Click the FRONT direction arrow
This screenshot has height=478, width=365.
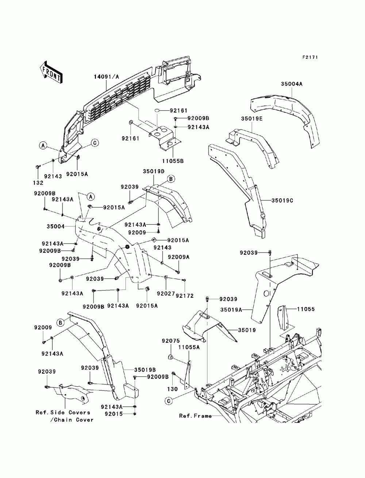(51, 72)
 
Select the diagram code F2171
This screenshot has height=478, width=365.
(310, 57)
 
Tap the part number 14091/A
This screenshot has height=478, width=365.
(107, 77)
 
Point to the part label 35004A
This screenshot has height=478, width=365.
(291, 84)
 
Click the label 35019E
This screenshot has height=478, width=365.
(252, 119)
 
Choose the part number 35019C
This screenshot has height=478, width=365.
(282, 200)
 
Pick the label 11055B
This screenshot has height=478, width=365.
(173, 161)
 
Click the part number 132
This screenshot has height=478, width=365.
(38, 183)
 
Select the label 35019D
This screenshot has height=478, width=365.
(154, 171)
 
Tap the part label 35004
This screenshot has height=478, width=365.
(55, 226)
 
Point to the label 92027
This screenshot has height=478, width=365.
(166, 294)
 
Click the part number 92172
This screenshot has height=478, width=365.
(185, 296)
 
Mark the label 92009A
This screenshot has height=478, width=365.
(179, 257)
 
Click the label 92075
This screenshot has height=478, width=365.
(171, 341)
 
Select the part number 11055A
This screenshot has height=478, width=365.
(189, 347)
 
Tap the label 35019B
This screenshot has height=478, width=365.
(145, 370)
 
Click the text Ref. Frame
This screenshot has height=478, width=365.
(195, 416)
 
